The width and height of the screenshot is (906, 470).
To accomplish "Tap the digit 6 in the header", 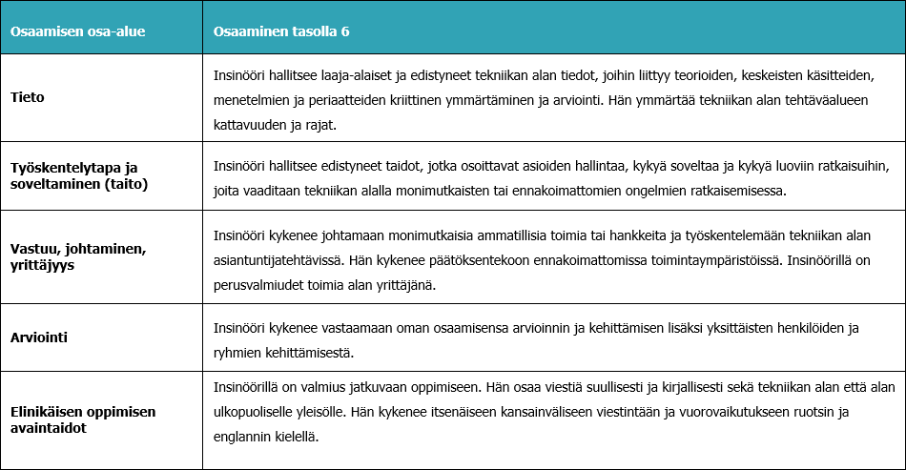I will pyautogui.click(x=345, y=32).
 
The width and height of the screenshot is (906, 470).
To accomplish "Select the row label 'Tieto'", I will pyautogui.click(x=27, y=96).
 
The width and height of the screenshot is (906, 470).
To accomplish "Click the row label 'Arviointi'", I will pyautogui.click(x=40, y=337).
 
